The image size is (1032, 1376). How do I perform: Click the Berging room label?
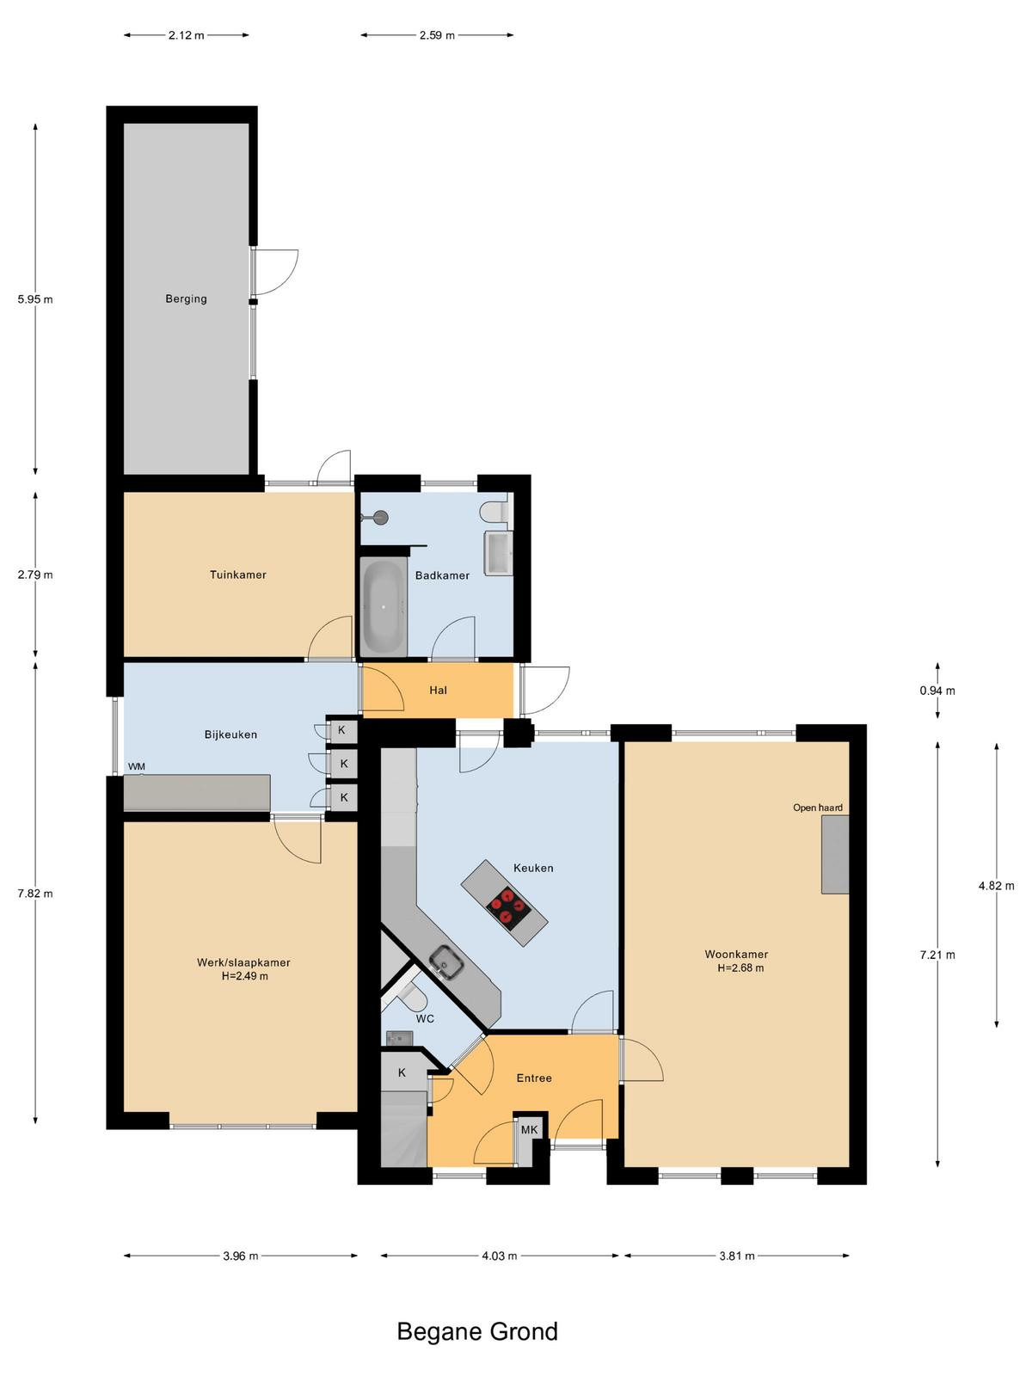coord(186,299)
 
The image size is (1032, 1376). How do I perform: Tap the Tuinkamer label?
coord(238,574)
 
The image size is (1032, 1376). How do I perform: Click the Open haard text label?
coord(818,808)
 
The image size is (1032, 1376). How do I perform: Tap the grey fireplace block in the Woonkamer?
coord(835,854)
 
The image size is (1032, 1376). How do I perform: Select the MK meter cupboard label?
coord(530,1130)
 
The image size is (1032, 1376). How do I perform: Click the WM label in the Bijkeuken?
coord(137,766)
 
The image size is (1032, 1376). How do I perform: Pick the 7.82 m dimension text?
coord(35,894)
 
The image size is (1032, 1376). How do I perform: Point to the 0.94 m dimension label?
coord(937,691)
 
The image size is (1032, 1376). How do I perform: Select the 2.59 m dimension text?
coord(438,35)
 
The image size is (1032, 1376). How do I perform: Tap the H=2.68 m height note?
coord(740,967)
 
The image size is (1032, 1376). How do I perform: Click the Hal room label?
coord(438,691)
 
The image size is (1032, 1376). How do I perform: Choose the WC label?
coord(425,1019)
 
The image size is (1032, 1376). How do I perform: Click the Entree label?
coord(534,1078)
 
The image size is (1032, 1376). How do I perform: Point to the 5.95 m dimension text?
coord(35,299)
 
